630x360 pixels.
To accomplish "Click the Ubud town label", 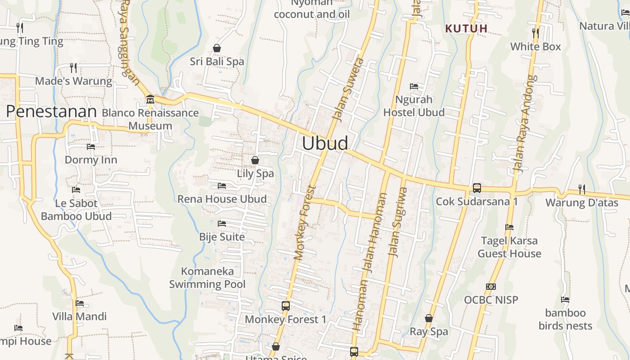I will coord(325,143).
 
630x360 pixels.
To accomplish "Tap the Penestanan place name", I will coord(51,112).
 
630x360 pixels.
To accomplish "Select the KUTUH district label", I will coord(466,29).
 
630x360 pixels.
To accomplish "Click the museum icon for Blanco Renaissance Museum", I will coord(150,99).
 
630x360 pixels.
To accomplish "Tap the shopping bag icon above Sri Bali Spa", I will coord(217,48).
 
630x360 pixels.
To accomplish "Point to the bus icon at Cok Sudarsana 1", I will coord(477,188).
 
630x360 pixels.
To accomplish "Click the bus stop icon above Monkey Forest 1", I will coord(285,306).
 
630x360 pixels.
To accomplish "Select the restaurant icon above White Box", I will coord(535,33).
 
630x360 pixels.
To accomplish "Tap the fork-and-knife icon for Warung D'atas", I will coord(582,189).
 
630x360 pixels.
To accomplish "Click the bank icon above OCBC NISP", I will coord(491,287).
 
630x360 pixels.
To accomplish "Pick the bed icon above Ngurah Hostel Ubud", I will coord(414,86).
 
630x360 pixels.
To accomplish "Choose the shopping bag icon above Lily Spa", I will coord(255,160).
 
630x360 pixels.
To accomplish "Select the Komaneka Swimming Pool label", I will coord(207,278).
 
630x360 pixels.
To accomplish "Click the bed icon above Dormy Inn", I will coord(91,147).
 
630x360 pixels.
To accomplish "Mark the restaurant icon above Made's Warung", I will coord(73,68).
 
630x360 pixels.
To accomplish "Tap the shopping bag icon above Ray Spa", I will coord(429,319).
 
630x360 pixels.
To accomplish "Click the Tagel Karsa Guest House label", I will coord(509,247).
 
